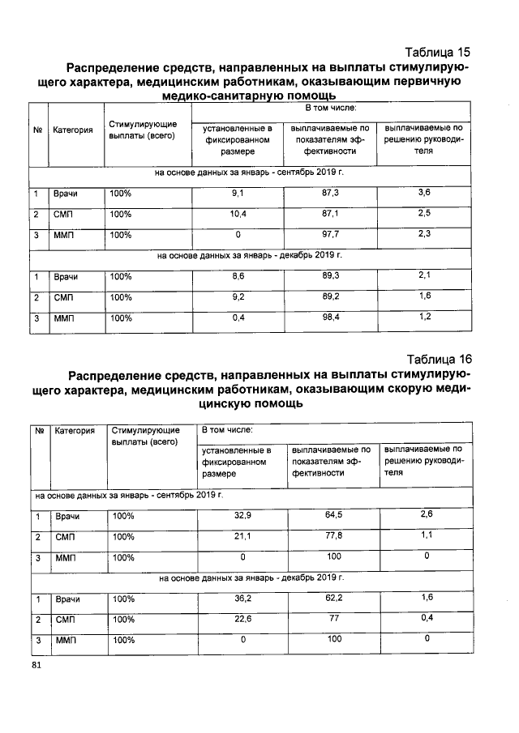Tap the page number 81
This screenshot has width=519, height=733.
(x=36, y=665)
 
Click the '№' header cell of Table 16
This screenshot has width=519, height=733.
(x=40, y=431)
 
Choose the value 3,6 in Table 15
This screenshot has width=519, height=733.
(x=423, y=193)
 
